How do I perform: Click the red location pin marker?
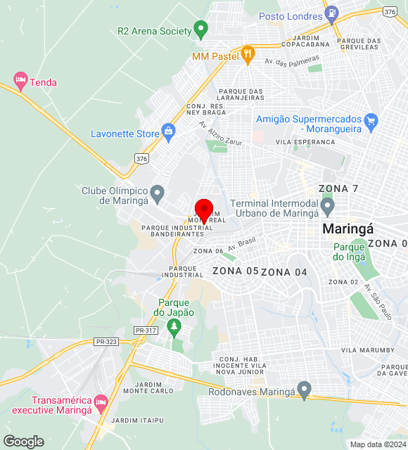coord(204,210)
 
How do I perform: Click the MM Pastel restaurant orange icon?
coord(247,54)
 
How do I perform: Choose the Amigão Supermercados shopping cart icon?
coord(372,123)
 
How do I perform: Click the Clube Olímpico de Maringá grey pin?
coord(158,192)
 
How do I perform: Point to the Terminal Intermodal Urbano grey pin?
coord(327,206)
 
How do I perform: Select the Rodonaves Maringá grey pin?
coord(304,389)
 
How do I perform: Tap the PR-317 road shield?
coord(145,330)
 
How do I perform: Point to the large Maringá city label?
coord(348,229)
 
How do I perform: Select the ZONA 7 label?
coord(338,188)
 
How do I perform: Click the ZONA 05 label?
coord(235,271)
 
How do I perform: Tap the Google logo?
coord(23,442)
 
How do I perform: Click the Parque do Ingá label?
coord(349,252)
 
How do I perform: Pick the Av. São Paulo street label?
coord(378,302)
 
